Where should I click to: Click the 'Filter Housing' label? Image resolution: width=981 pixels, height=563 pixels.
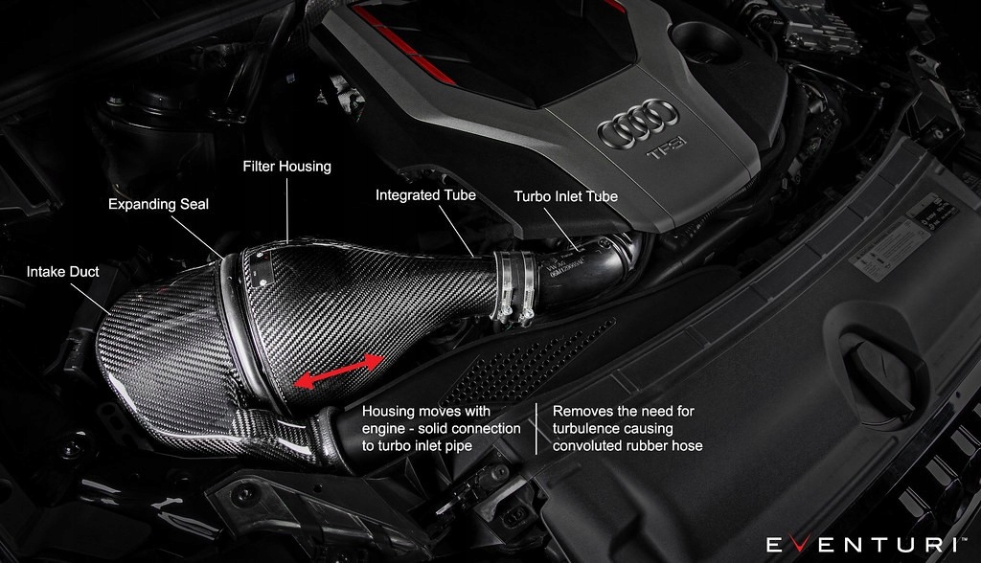286,167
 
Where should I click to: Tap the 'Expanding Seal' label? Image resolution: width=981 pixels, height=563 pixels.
158,204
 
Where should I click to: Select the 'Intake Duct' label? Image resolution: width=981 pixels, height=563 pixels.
62,272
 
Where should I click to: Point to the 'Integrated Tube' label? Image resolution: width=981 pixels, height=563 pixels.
425,195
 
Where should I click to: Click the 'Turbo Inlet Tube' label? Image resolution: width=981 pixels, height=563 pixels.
565,196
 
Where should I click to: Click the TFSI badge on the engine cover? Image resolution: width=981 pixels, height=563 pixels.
663,152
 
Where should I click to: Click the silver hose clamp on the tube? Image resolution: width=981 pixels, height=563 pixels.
515,285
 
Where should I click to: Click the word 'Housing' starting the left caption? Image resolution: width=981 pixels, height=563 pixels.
388,412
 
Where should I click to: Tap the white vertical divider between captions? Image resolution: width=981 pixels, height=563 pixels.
536,428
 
